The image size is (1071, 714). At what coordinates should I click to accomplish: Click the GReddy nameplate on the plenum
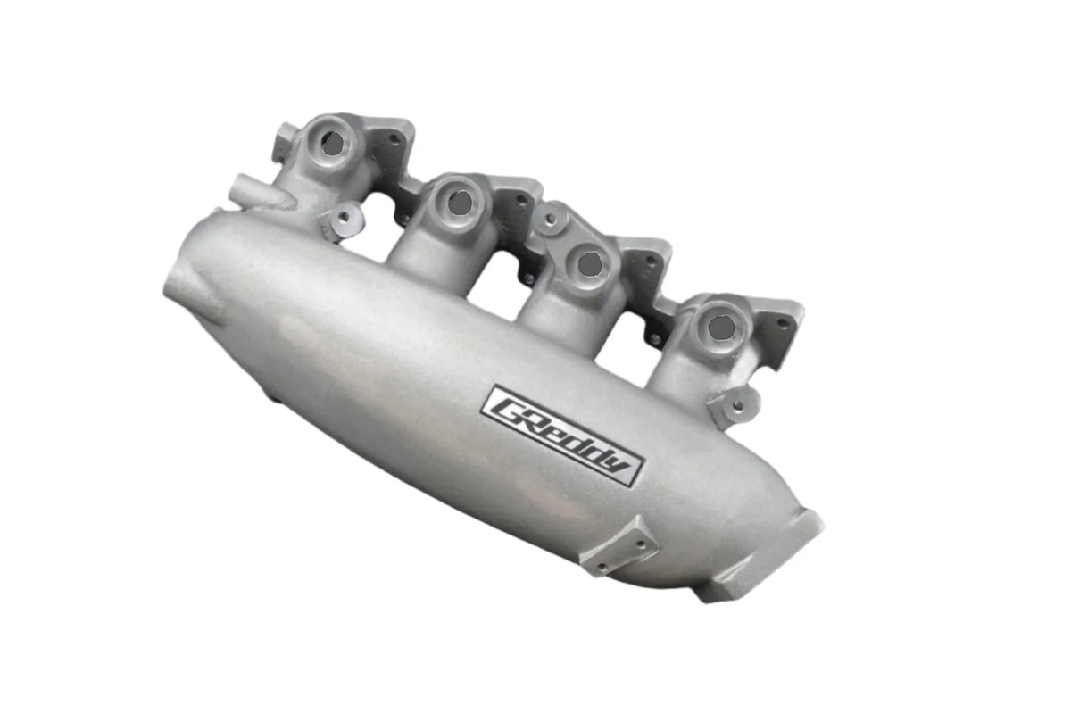[562, 436]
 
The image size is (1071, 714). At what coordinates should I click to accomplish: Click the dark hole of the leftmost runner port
[332, 143]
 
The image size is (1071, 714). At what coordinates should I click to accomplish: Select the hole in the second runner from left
[460, 203]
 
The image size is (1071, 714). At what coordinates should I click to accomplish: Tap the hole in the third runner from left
[589, 263]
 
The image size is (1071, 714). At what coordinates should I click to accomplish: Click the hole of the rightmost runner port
[720, 328]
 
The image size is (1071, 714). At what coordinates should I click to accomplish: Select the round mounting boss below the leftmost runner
[345, 218]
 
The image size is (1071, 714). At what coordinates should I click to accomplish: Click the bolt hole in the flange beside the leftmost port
[392, 137]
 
